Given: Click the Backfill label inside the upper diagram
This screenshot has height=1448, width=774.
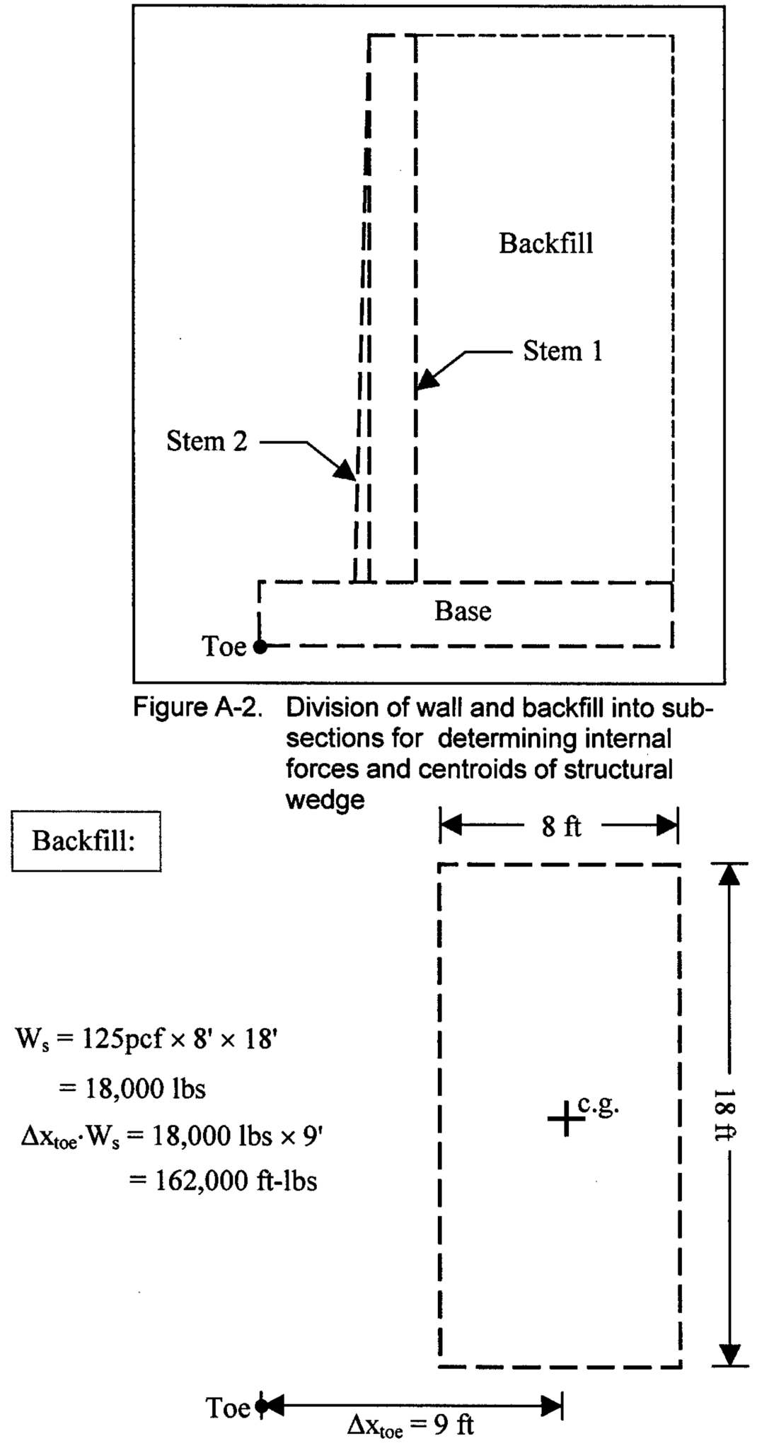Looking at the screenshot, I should coord(545,244).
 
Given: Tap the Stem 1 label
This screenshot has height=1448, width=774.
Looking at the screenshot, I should coord(562,351).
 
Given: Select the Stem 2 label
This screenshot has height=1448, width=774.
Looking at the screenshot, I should coord(207,441).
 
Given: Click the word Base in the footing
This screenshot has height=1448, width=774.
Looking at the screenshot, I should coord(463,611).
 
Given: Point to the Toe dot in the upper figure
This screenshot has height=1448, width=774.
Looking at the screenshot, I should coord(260,646).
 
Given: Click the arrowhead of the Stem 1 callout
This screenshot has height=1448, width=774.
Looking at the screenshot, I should coord(426,380).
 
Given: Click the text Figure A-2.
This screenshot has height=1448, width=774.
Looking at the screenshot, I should coord(197,707).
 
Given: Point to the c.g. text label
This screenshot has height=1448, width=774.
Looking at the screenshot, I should coord(599,1104).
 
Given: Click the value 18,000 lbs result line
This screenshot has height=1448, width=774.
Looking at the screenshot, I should coord(132,1089).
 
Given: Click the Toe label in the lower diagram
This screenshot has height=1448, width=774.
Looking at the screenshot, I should coord(228,1408).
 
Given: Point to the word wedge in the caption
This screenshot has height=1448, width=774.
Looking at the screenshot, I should coord(325,800).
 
